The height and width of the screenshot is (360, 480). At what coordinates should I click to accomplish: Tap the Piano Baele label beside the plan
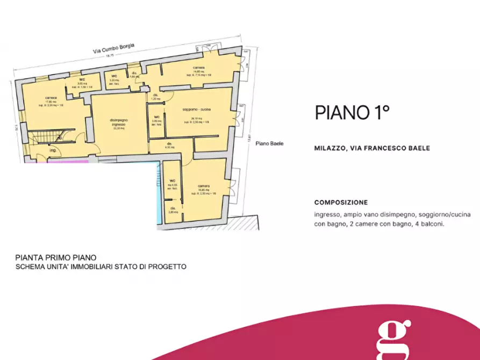[x=269, y=143]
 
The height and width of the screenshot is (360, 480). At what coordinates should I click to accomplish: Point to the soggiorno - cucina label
[x=199, y=110]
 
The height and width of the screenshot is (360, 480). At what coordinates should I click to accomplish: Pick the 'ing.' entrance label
[x=53, y=150]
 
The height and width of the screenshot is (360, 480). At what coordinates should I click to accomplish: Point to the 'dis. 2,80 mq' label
[x=173, y=210]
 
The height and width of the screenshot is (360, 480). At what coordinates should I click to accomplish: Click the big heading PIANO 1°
[x=351, y=112]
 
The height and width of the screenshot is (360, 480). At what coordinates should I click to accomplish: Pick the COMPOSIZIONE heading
[x=341, y=203]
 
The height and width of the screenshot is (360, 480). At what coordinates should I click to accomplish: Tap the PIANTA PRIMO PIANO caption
[x=56, y=257]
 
